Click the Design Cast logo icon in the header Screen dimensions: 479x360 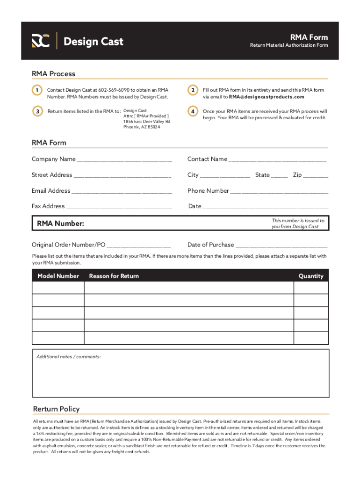(41, 41)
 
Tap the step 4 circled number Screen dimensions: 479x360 (192, 111)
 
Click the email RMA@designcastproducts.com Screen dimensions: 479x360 (266, 97)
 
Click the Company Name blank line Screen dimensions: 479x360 (124, 160)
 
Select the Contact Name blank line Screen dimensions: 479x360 (278, 160)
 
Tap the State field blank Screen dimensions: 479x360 (280, 176)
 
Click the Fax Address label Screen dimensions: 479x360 (48, 206)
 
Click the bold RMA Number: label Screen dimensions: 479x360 (61, 224)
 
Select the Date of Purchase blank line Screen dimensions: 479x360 (281, 246)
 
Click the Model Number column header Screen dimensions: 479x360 (58, 276)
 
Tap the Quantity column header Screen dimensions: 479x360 (311, 276)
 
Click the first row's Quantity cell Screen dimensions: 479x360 (311, 288)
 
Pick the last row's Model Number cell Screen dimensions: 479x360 (58, 338)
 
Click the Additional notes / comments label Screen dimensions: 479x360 (69, 357)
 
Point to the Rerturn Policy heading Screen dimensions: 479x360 (56, 409)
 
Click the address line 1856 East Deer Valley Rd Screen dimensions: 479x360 (147, 122)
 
